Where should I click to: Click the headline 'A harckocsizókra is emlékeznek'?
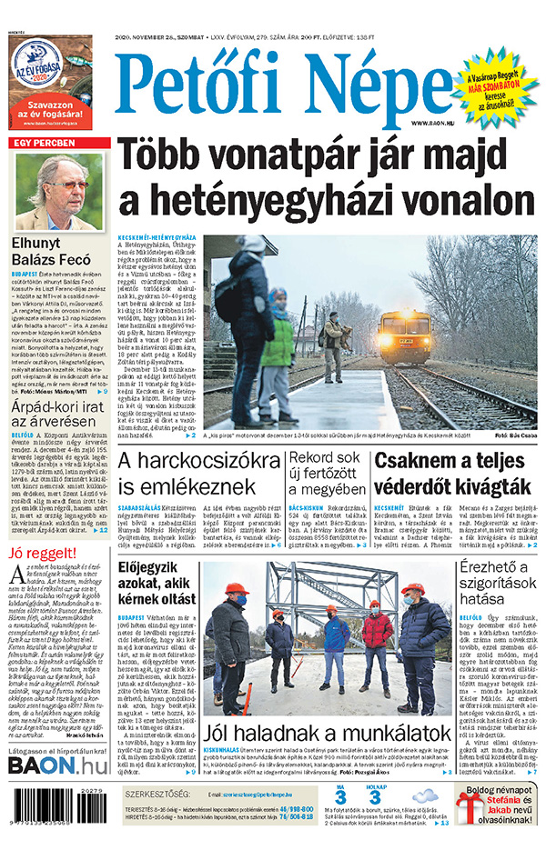[x=175, y=475]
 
